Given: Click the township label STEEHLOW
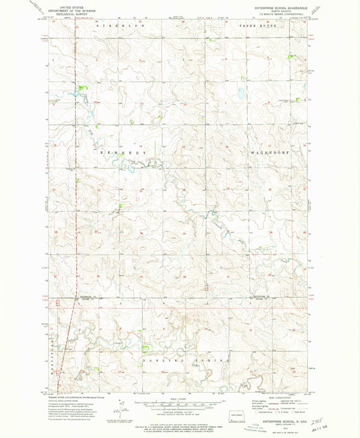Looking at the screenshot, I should click(115, 24).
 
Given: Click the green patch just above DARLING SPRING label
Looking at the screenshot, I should click(145, 349).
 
